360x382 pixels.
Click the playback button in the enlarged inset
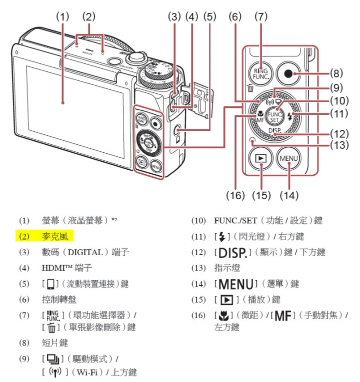(261, 159)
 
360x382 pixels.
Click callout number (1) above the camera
(62, 16)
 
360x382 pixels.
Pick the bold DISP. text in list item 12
(232, 252)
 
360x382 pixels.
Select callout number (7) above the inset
(260, 16)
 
